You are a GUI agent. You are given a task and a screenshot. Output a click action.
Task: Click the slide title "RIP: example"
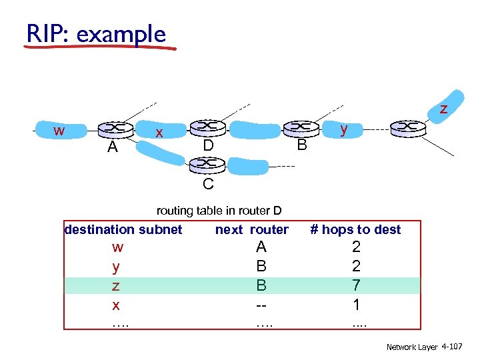(95, 33)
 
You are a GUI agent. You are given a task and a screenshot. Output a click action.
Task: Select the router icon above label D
(207, 127)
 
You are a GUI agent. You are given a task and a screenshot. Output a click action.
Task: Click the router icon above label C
(207, 163)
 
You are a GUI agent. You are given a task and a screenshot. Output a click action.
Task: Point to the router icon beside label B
(302, 127)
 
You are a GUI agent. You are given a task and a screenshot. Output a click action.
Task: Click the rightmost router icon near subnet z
(408, 127)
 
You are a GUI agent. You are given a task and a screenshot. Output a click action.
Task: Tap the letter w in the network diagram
(59, 130)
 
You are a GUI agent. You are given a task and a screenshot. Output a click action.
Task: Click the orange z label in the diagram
(443, 108)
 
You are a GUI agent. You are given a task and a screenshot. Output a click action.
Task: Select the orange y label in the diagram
(343, 129)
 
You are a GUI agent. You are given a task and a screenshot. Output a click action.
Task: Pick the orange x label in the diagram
(159, 133)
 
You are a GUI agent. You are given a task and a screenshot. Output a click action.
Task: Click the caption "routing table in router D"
(219, 211)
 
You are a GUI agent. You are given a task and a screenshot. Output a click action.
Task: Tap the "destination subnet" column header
(123, 229)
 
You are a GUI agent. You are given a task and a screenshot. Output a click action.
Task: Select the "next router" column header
(251, 229)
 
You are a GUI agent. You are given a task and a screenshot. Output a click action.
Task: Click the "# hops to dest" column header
(356, 229)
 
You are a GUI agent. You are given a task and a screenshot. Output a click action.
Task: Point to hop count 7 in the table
(356, 285)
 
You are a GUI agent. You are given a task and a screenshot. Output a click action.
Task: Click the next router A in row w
(261, 247)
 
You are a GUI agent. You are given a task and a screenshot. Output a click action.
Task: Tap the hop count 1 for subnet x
(356, 305)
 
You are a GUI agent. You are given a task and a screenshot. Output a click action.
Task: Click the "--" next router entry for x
(261, 305)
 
